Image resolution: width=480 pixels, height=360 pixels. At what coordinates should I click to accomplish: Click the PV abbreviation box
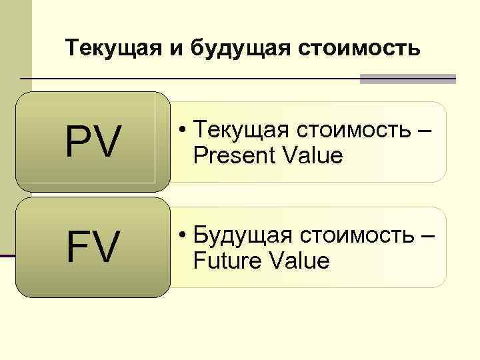coord(92,142)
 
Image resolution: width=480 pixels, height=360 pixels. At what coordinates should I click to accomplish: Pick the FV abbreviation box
coord(92,247)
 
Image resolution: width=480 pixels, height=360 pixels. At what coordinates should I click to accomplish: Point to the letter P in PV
coord(77,142)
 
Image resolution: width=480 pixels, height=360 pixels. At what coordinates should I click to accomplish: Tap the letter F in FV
coord(77,247)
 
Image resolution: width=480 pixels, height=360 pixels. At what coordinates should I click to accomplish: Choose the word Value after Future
coord(298,261)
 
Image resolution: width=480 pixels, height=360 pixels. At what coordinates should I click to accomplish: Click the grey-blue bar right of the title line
coord(407,79)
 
